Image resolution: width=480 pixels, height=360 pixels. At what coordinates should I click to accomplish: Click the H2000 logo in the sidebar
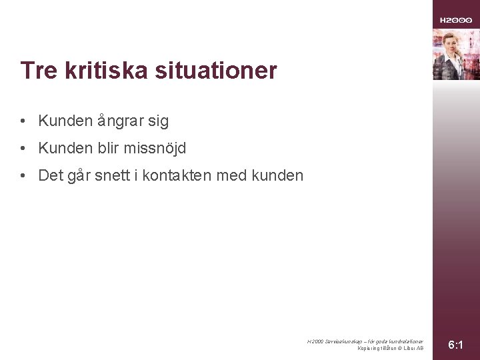point(456,21)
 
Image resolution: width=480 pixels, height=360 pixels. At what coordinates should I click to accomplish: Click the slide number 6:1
point(456,345)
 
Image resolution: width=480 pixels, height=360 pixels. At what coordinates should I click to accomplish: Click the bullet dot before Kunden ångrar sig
point(23,121)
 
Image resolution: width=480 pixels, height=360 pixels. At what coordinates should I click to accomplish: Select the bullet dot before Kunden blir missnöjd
point(23,149)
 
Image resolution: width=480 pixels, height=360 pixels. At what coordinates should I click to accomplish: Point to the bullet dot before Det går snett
point(23,176)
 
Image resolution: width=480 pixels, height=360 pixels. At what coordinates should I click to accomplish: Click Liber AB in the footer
point(414,348)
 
